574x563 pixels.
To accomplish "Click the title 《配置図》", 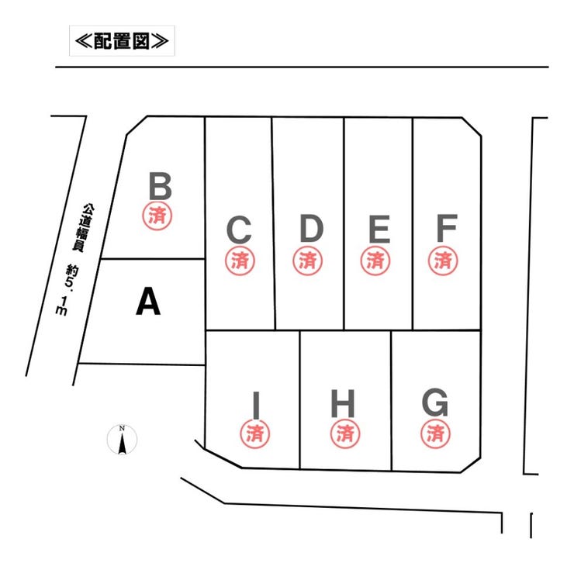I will tap(122, 40).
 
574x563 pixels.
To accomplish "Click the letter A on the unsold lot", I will tap(148, 302).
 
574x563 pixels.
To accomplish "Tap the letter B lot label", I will tap(160, 187).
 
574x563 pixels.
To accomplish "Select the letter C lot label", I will tap(239, 230).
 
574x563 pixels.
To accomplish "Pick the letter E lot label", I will tap(379, 230).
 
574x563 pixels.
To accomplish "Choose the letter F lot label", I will tap(446, 229).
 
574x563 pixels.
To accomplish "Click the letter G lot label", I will tap(435, 403).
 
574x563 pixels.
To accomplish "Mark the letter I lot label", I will tap(255, 404).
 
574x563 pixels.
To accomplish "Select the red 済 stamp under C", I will tap(239, 260).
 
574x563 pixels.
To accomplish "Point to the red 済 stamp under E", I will tap(375, 260).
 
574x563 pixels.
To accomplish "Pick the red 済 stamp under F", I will tap(444, 260).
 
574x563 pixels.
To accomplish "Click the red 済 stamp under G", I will tap(435, 432).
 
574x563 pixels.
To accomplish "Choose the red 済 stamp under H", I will tap(344, 432).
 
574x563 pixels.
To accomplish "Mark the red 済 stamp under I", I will tap(255, 432).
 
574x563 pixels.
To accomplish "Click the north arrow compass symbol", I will tap(122, 440).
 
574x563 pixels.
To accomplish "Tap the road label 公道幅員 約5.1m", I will tap(77, 259).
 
